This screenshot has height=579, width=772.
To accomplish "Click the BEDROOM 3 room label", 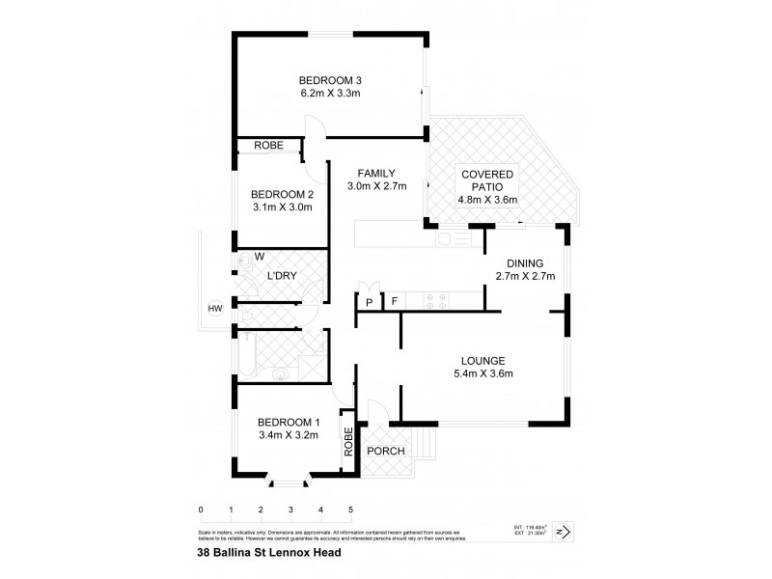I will tap(329, 79).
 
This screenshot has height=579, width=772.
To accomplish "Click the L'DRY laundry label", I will tap(281, 277).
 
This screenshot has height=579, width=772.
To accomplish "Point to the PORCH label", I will tap(386, 452).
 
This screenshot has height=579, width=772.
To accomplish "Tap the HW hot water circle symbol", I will tap(214, 309).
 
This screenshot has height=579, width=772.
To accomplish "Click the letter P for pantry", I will tap(369, 302).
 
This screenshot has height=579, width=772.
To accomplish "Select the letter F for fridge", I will tap(394, 302).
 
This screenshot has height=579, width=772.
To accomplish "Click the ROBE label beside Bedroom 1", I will tap(348, 441).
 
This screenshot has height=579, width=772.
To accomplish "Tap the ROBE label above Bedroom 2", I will tap(268, 146).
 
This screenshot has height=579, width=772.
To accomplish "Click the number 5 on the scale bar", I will tap(350, 509).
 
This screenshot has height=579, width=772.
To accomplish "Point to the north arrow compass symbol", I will tap(565, 529).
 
